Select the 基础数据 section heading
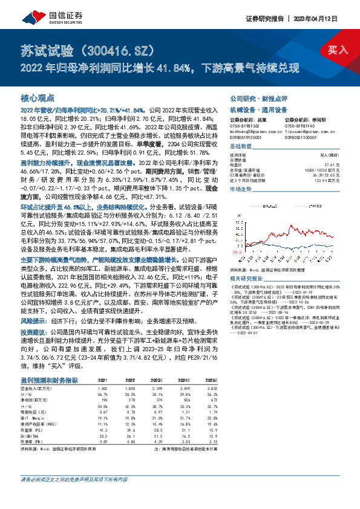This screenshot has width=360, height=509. point(240,148)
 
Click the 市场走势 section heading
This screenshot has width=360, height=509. point(240,190)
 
